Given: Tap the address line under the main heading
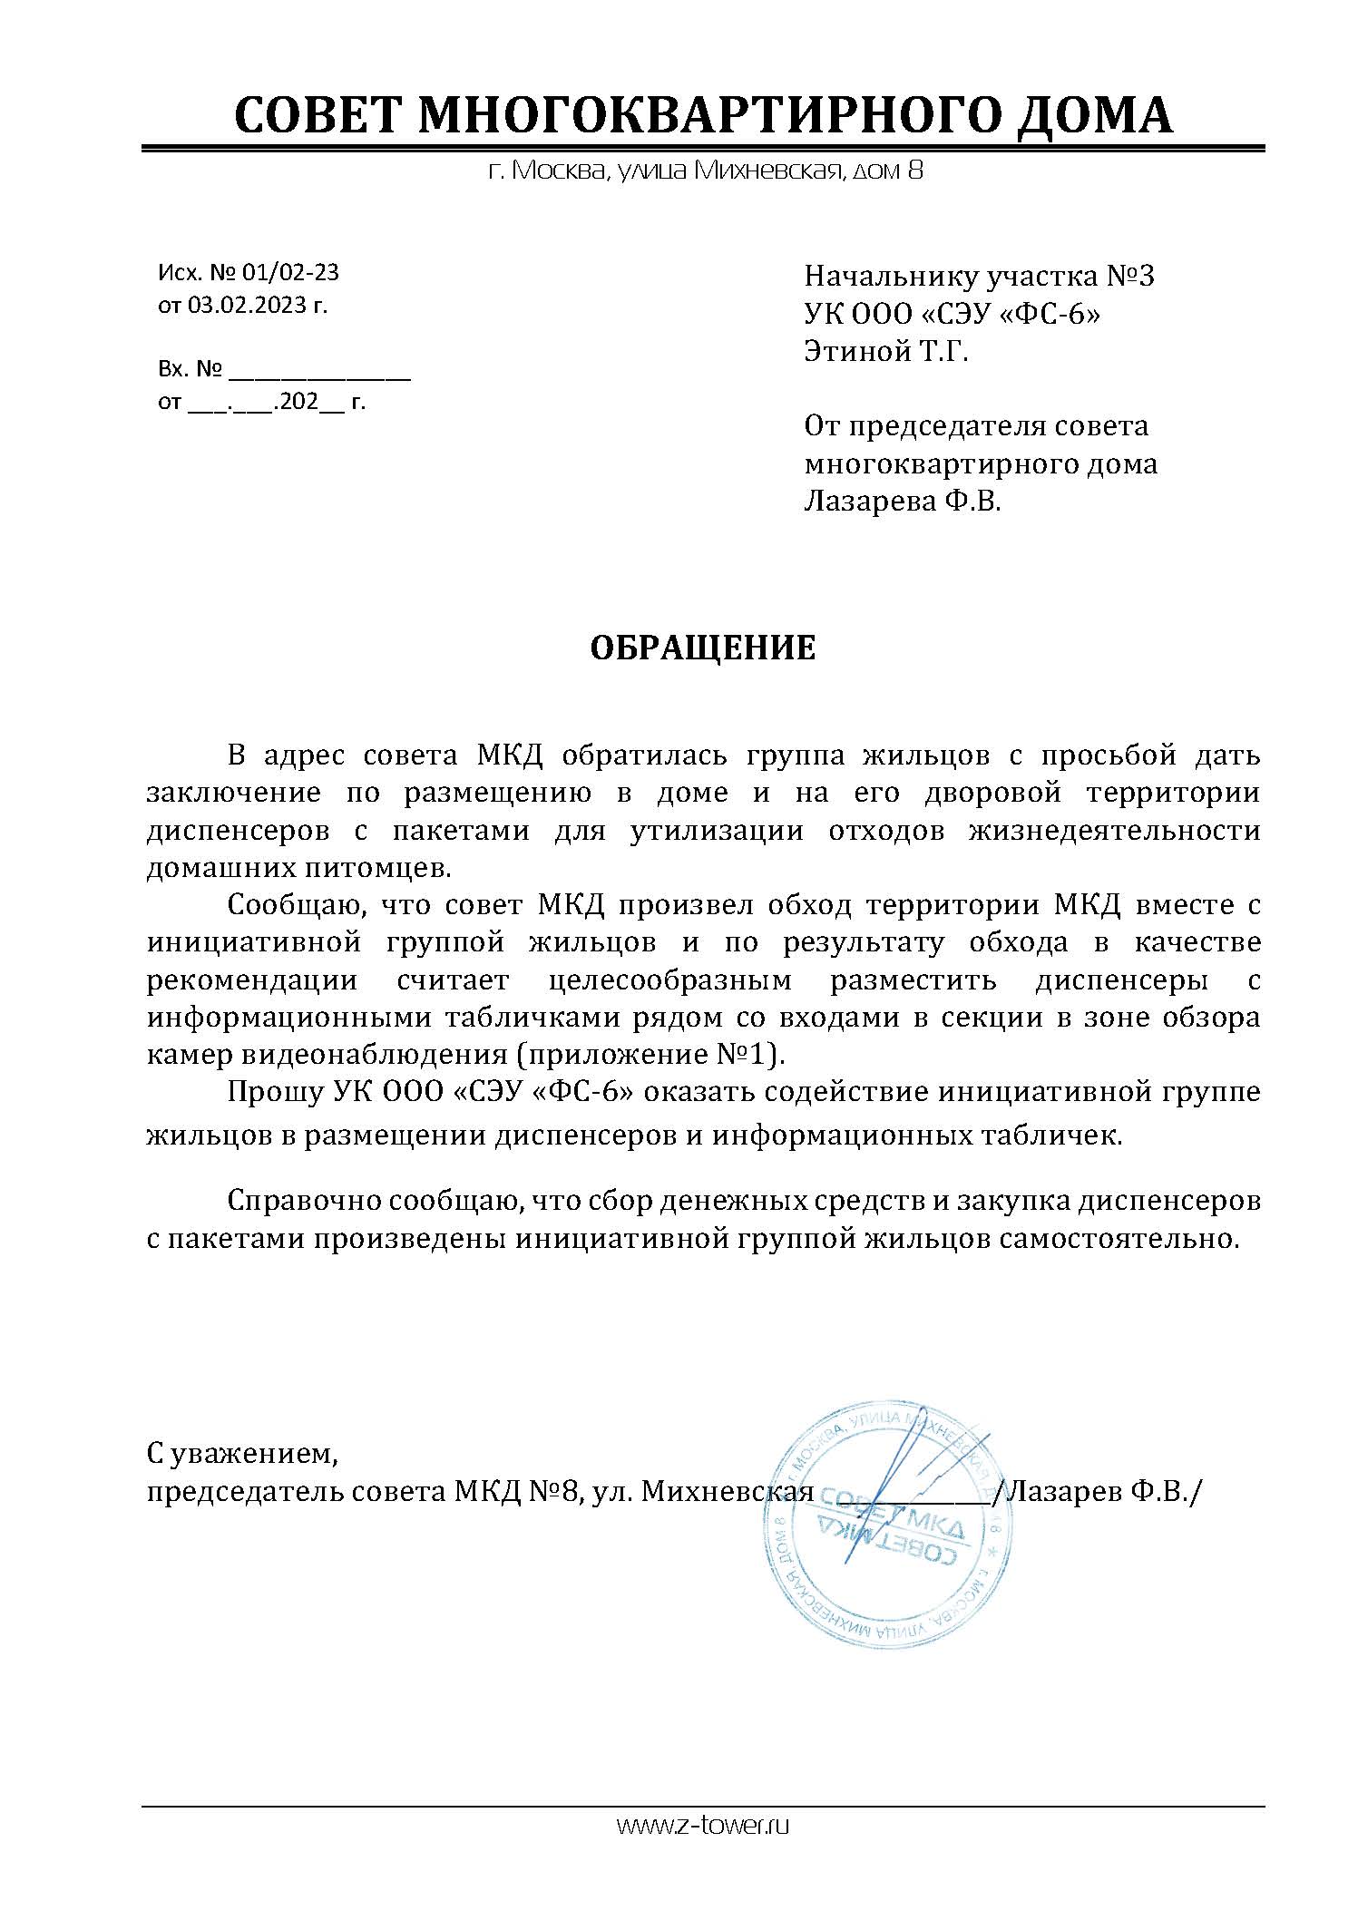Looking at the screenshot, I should point(705,171).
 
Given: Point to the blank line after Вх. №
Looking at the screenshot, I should point(320,371).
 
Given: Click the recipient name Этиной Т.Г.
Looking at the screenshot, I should point(886,351).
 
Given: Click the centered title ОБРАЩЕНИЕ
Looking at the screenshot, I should point(703,648).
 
